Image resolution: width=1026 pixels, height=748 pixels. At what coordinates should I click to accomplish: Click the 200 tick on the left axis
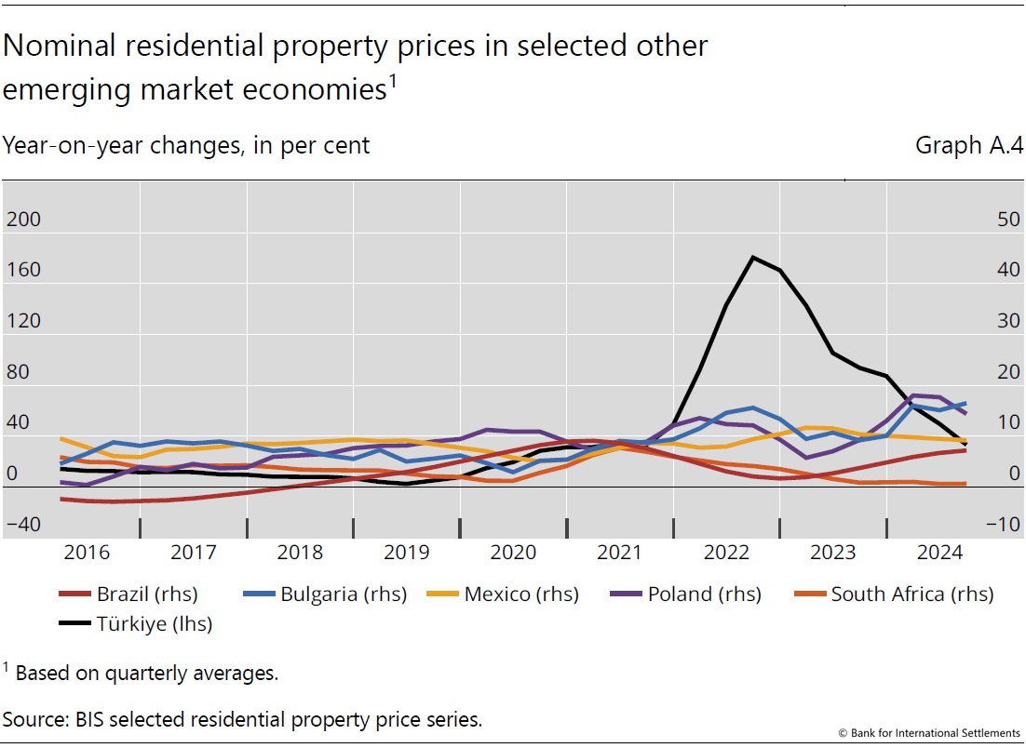point(23,220)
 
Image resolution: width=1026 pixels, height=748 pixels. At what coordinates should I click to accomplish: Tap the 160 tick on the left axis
point(23,271)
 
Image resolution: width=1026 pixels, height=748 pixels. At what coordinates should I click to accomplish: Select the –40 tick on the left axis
point(23,525)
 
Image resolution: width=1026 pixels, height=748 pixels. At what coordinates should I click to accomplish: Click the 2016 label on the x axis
point(87,553)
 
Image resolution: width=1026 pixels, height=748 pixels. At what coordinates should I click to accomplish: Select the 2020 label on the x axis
point(513,553)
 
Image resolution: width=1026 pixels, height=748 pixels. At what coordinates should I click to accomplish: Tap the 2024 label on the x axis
point(939,553)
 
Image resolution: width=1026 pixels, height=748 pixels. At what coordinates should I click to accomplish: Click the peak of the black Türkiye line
point(752,257)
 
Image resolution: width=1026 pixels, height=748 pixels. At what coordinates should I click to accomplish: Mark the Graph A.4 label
point(967,146)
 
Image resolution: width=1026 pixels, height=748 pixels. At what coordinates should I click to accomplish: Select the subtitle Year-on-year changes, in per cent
point(186,146)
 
